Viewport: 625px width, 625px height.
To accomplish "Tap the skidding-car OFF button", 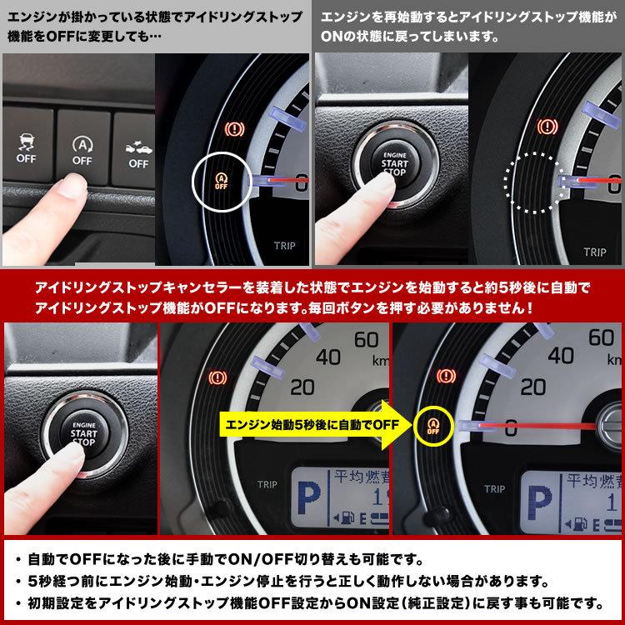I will [26, 147].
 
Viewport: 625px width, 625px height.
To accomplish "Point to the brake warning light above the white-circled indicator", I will [236, 128].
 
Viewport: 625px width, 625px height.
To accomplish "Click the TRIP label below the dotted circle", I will [595, 249].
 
